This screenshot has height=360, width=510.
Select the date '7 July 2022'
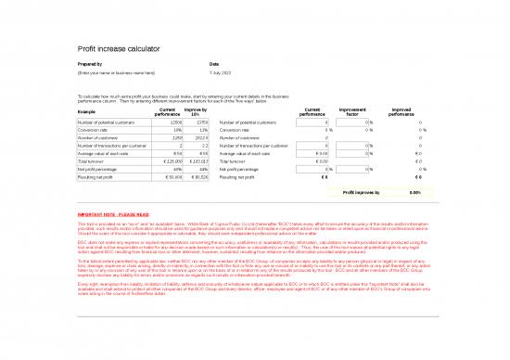pos(222,71)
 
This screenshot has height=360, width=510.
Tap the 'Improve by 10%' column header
pos(196,111)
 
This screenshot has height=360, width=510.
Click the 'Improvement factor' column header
pos(352,111)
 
